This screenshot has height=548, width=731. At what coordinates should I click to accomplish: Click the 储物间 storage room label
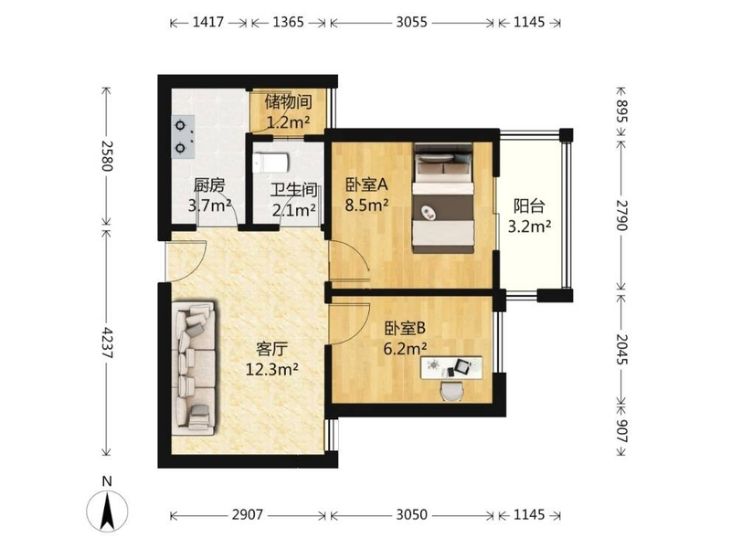[288, 101]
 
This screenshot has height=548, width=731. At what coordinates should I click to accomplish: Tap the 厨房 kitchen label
[209, 185]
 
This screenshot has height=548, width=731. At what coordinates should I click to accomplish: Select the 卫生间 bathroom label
[293, 190]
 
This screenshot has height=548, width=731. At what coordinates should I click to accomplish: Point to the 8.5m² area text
[367, 205]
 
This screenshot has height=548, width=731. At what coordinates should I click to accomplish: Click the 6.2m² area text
[405, 348]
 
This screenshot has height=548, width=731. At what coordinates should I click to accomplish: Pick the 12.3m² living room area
[271, 369]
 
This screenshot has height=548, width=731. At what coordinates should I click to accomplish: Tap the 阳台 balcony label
[529, 206]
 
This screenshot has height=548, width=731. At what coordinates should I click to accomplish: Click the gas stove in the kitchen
[184, 138]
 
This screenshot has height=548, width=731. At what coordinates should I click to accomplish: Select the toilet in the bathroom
[270, 163]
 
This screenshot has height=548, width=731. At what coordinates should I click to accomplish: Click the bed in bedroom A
[443, 198]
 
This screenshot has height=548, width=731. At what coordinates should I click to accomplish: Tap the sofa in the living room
[194, 368]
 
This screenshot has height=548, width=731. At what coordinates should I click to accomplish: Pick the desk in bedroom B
[451, 368]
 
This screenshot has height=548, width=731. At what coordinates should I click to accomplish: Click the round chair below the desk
[451, 391]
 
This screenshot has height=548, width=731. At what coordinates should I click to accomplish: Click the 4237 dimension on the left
[108, 342]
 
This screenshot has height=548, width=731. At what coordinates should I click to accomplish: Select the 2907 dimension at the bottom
[248, 514]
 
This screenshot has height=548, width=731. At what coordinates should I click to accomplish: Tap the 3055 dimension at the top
[412, 22]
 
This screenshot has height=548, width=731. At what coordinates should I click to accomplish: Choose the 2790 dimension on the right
[622, 215]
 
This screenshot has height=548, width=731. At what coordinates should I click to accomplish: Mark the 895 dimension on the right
[622, 111]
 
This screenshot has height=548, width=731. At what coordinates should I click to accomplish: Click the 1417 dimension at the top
[208, 22]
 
